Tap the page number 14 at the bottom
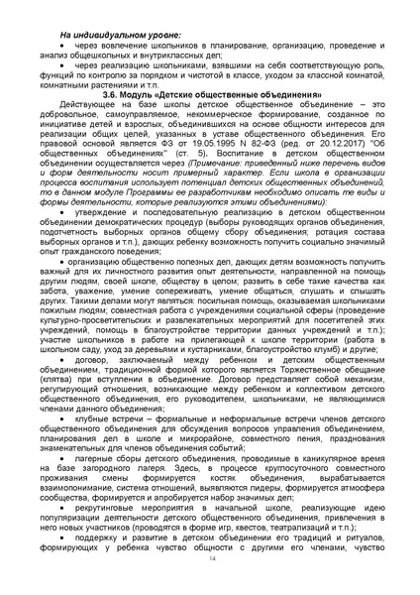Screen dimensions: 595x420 [211, 560]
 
